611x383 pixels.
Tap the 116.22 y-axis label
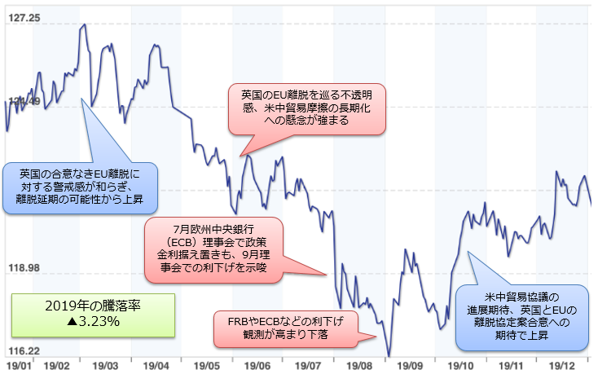click(22, 350)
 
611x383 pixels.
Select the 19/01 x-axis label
click(18, 368)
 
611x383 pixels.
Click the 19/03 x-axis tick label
click(104, 368)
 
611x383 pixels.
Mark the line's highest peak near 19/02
click(84, 25)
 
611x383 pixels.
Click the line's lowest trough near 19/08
click(389, 356)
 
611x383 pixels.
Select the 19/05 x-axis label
click(208, 368)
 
